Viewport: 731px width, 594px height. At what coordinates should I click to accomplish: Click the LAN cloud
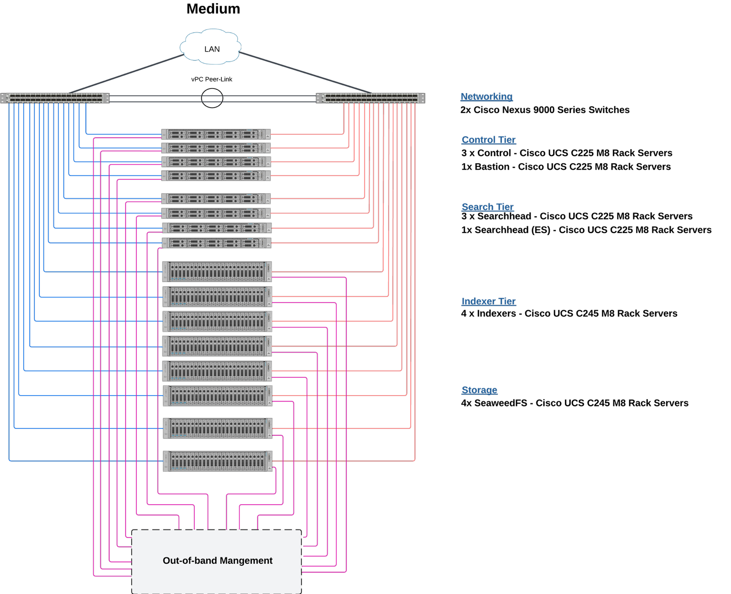point(211,47)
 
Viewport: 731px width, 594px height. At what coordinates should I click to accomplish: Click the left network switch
point(55,98)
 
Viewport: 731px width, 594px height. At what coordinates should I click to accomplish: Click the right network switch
point(371,98)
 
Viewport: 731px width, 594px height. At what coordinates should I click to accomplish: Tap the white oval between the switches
point(212,98)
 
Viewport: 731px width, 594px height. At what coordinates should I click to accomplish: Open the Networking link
point(486,97)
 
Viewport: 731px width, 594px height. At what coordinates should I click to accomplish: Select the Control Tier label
point(488,140)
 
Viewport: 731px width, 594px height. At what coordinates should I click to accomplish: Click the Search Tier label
point(487,207)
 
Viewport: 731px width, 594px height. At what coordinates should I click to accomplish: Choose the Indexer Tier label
point(488,302)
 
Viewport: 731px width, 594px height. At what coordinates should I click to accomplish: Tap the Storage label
point(479,390)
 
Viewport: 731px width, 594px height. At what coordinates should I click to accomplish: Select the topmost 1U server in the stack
point(216,134)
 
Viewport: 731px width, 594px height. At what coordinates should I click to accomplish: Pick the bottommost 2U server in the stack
point(218,461)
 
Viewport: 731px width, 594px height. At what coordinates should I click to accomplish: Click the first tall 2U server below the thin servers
point(217,271)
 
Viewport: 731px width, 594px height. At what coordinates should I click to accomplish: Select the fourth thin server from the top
point(216,176)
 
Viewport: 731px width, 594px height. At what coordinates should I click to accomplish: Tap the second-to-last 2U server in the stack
point(218,428)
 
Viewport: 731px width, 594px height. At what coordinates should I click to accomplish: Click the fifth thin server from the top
point(216,198)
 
